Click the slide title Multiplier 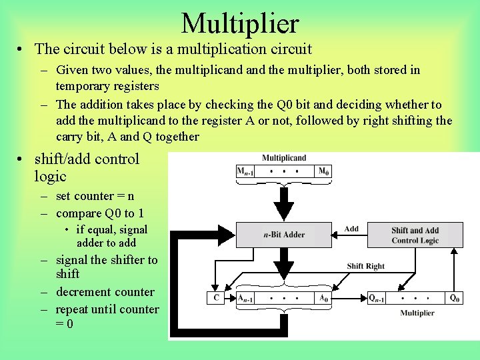[x=240, y=23]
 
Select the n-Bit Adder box [x=284, y=235]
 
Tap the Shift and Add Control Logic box [x=415, y=235]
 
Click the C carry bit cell [x=216, y=299]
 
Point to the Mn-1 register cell [x=245, y=172]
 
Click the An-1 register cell [x=246, y=299]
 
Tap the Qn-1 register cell [x=377, y=299]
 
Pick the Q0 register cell [x=455, y=299]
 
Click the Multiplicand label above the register [x=284, y=158]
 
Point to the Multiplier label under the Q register [x=417, y=313]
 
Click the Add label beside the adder [x=351, y=229]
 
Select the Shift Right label [x=366, y=266]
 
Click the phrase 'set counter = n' [x=95, y=196]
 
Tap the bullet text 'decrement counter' [x=105, y=292]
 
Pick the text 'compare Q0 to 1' [x=100, y=213]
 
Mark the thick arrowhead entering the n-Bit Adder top [x=284, y=213]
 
